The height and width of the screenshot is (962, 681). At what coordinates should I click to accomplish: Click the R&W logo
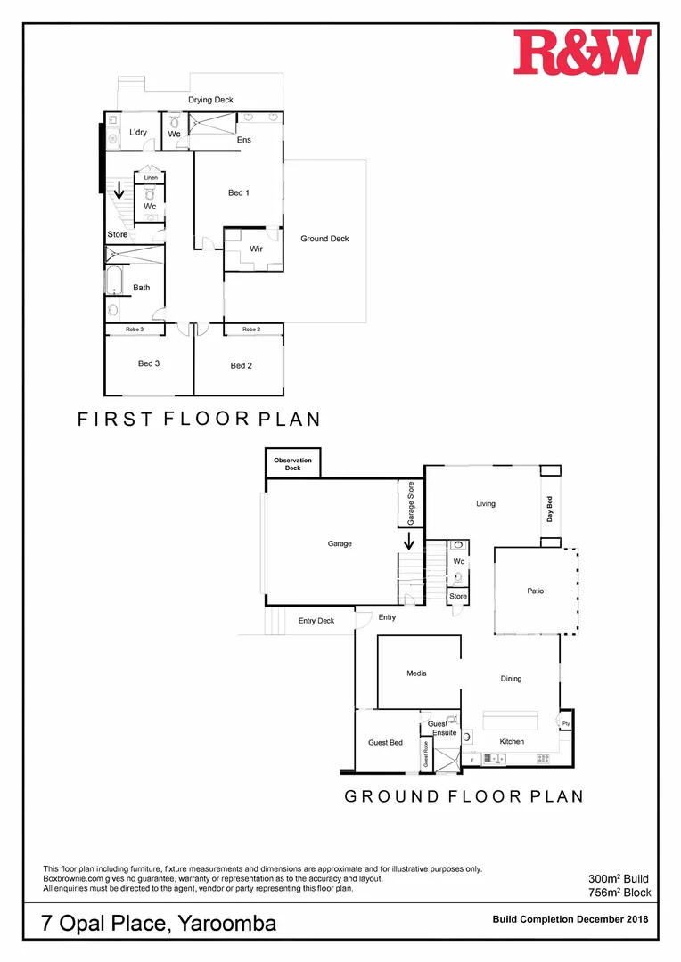click(x=582, y=52)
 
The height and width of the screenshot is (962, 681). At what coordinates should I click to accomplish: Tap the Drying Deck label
click(x=210, y=100)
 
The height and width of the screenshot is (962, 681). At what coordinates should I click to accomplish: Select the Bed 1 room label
click(x=239, y=192)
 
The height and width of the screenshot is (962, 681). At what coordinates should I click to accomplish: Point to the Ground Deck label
click(x=324, y=239)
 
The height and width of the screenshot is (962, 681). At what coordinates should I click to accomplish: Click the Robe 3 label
click(x=135, y=330)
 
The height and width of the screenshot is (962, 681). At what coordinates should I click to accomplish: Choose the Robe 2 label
click(x=251, y=330)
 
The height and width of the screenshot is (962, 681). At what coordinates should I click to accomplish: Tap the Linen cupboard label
click(x=150, y=178)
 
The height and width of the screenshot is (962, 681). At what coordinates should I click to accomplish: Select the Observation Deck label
click(x=292, y=464)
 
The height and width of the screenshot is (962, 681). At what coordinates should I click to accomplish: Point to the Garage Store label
click(x=411, y=503)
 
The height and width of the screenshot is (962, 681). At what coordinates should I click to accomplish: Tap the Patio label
click(x=536, y=591)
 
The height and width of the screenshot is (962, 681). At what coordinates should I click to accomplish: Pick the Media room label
click(x=417, y=673)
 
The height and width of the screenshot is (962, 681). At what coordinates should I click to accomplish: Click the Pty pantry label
click(x=565, y=724)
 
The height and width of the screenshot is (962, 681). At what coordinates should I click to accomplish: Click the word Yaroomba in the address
click(x=227, y=924)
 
